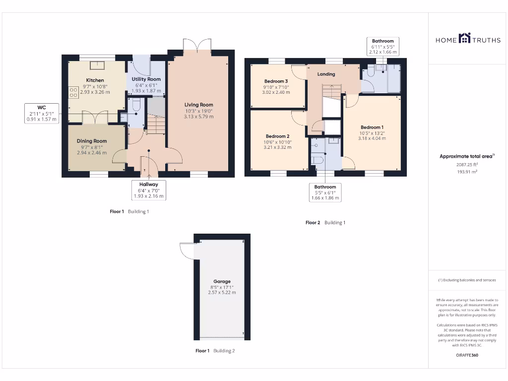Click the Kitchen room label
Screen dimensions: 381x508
[x=95, y=80]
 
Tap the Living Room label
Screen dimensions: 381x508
[x=198, y=105]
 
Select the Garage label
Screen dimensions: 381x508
[x=222, y=281]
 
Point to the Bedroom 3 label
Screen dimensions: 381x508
[x=276, y=81]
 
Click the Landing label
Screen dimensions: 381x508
[x=326, y=74]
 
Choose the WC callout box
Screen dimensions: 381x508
[x=42, y=113]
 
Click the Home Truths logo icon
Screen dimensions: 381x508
[x=464, y=38]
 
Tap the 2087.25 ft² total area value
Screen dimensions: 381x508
[x=467, y=165]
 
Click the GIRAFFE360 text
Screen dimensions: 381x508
[x=467, y=355]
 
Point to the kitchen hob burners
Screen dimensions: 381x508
[x=74, y=92]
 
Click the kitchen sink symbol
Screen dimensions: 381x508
[x=95, y=65]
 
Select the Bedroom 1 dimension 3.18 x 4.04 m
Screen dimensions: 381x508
[x=372, y=138]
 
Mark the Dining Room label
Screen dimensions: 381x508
[x=92, y=141]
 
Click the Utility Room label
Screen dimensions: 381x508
[x=146, y=79]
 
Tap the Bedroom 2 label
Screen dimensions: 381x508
[x=277, y=136]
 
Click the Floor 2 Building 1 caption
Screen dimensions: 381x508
[x=325, y=223]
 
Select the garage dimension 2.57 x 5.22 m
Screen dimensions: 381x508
[x=222, y=293]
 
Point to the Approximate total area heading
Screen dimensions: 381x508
[x=466, y=156]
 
